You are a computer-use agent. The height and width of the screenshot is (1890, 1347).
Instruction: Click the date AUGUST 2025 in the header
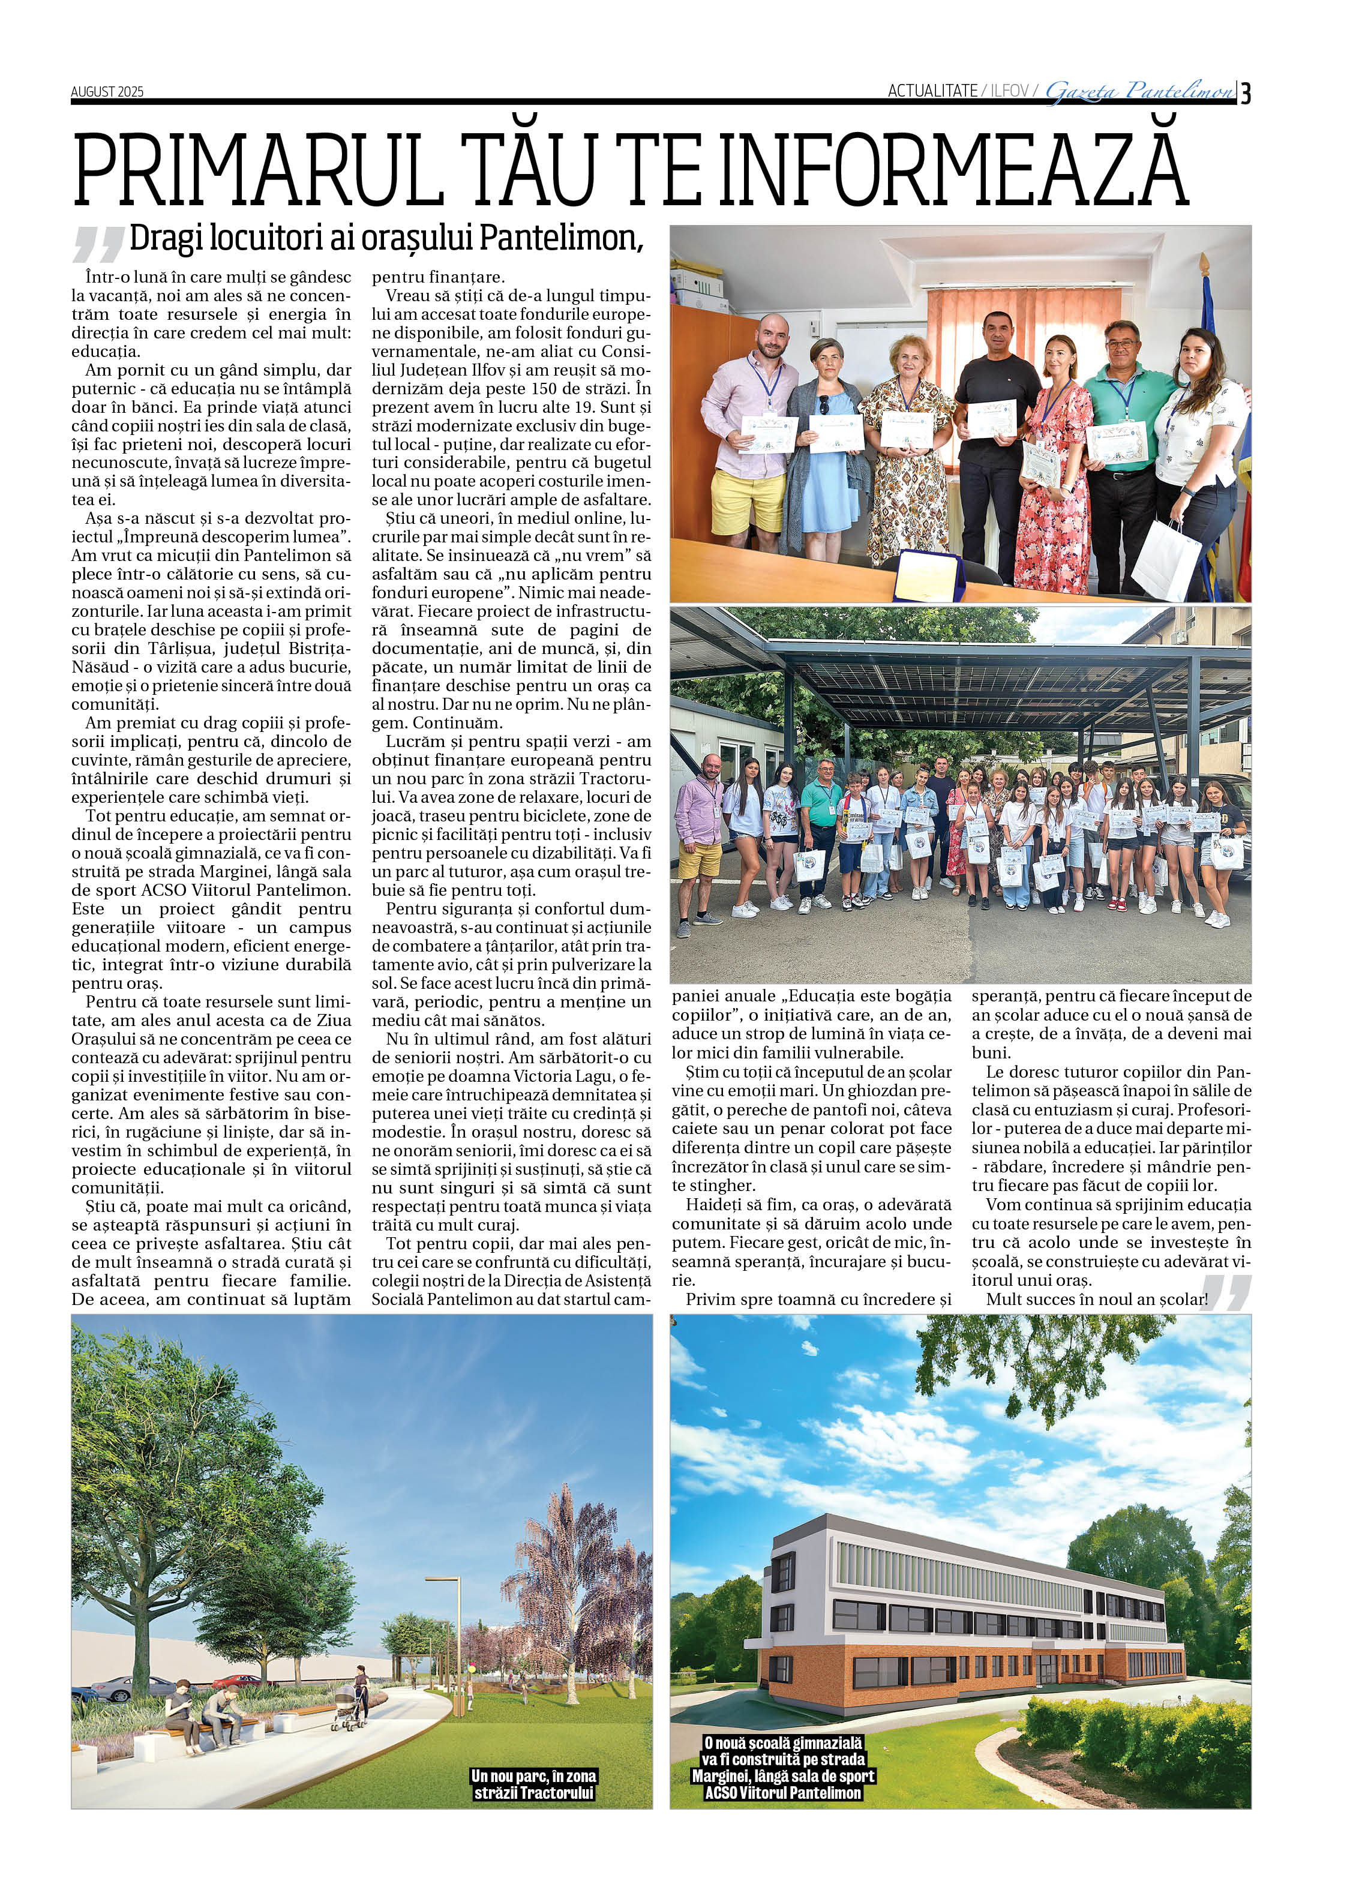(107, 92)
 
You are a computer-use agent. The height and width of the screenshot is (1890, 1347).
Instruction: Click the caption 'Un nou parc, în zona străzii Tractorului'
(534, 1784)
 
